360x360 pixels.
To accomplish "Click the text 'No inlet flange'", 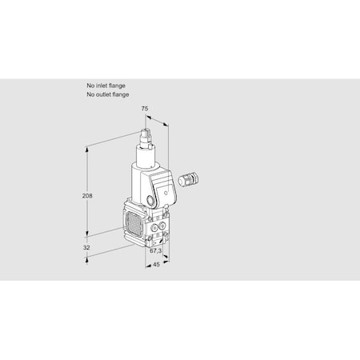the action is pos(106,85).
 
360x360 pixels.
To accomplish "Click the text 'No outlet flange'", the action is pos(107,94).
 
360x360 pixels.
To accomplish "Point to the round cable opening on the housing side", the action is pos(153,198).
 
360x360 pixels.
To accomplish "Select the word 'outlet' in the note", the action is pos(104,94).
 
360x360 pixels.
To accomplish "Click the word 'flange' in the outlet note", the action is pos(122,94).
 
